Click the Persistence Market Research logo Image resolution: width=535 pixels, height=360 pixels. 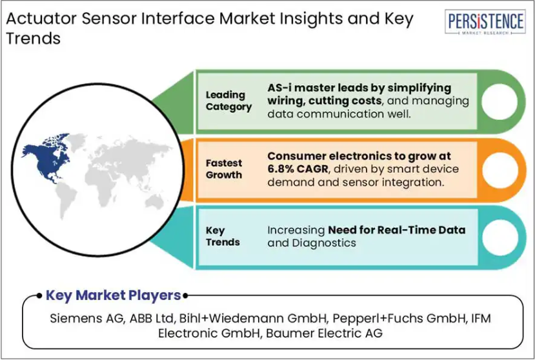click(x=485, y=22)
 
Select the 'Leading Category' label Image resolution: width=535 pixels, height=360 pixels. click(x=228, y=101)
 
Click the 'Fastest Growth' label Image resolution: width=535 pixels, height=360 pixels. click(x=224, y=169)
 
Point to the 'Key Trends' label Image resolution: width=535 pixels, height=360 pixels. click(x=223, y=236)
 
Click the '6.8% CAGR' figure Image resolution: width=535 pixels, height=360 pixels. click(x=298, y=169)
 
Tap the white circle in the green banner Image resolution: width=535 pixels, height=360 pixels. click(x=500, y=102)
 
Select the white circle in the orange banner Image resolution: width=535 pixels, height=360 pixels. click(x=500, y=170)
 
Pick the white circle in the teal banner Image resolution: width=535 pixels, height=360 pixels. click(x=500, y=237)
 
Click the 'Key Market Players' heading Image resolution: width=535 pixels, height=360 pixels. click(x=114, y=295)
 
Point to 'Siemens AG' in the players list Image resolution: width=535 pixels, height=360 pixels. click(x=86, y=318)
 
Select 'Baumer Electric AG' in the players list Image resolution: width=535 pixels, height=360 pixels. click(x=324, y=333)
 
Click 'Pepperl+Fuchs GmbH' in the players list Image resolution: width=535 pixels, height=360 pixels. click(x=399, y=318)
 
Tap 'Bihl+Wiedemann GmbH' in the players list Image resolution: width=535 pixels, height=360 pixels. click(x=253, y=318)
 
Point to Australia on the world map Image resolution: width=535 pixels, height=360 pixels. click(x=155, y=201)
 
